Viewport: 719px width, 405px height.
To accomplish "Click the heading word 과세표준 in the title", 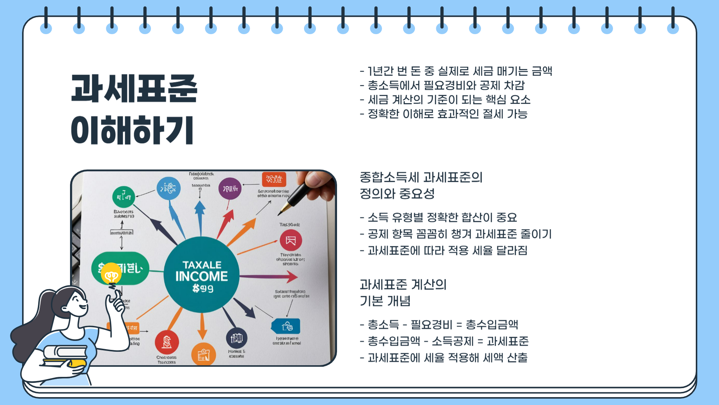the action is [134, 88].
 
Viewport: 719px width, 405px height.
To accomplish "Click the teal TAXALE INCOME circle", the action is [201, 274].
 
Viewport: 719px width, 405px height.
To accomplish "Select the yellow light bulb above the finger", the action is [111, 274].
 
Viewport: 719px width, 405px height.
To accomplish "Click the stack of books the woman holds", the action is [66, 356].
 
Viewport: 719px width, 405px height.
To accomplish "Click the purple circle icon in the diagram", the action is [230, 189].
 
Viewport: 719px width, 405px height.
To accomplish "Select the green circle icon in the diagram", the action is [124, 197].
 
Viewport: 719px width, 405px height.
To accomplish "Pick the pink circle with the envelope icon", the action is [291, 240].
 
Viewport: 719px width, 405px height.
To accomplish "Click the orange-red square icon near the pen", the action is [274, 179].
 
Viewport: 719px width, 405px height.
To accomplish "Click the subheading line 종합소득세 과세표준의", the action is [421, 177].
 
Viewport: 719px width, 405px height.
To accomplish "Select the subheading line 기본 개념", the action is [385, 301].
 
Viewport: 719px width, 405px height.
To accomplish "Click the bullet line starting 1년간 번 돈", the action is [456, 71].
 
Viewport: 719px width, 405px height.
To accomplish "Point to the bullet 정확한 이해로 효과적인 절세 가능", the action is [444, 114].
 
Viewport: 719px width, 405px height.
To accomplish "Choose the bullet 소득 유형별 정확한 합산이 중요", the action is [439, 217].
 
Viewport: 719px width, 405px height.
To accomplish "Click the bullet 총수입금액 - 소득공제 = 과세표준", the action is [445, 341].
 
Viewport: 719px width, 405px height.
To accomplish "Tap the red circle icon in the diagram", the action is [167, 342].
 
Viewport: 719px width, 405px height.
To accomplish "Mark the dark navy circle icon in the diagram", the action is [237, 338].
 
